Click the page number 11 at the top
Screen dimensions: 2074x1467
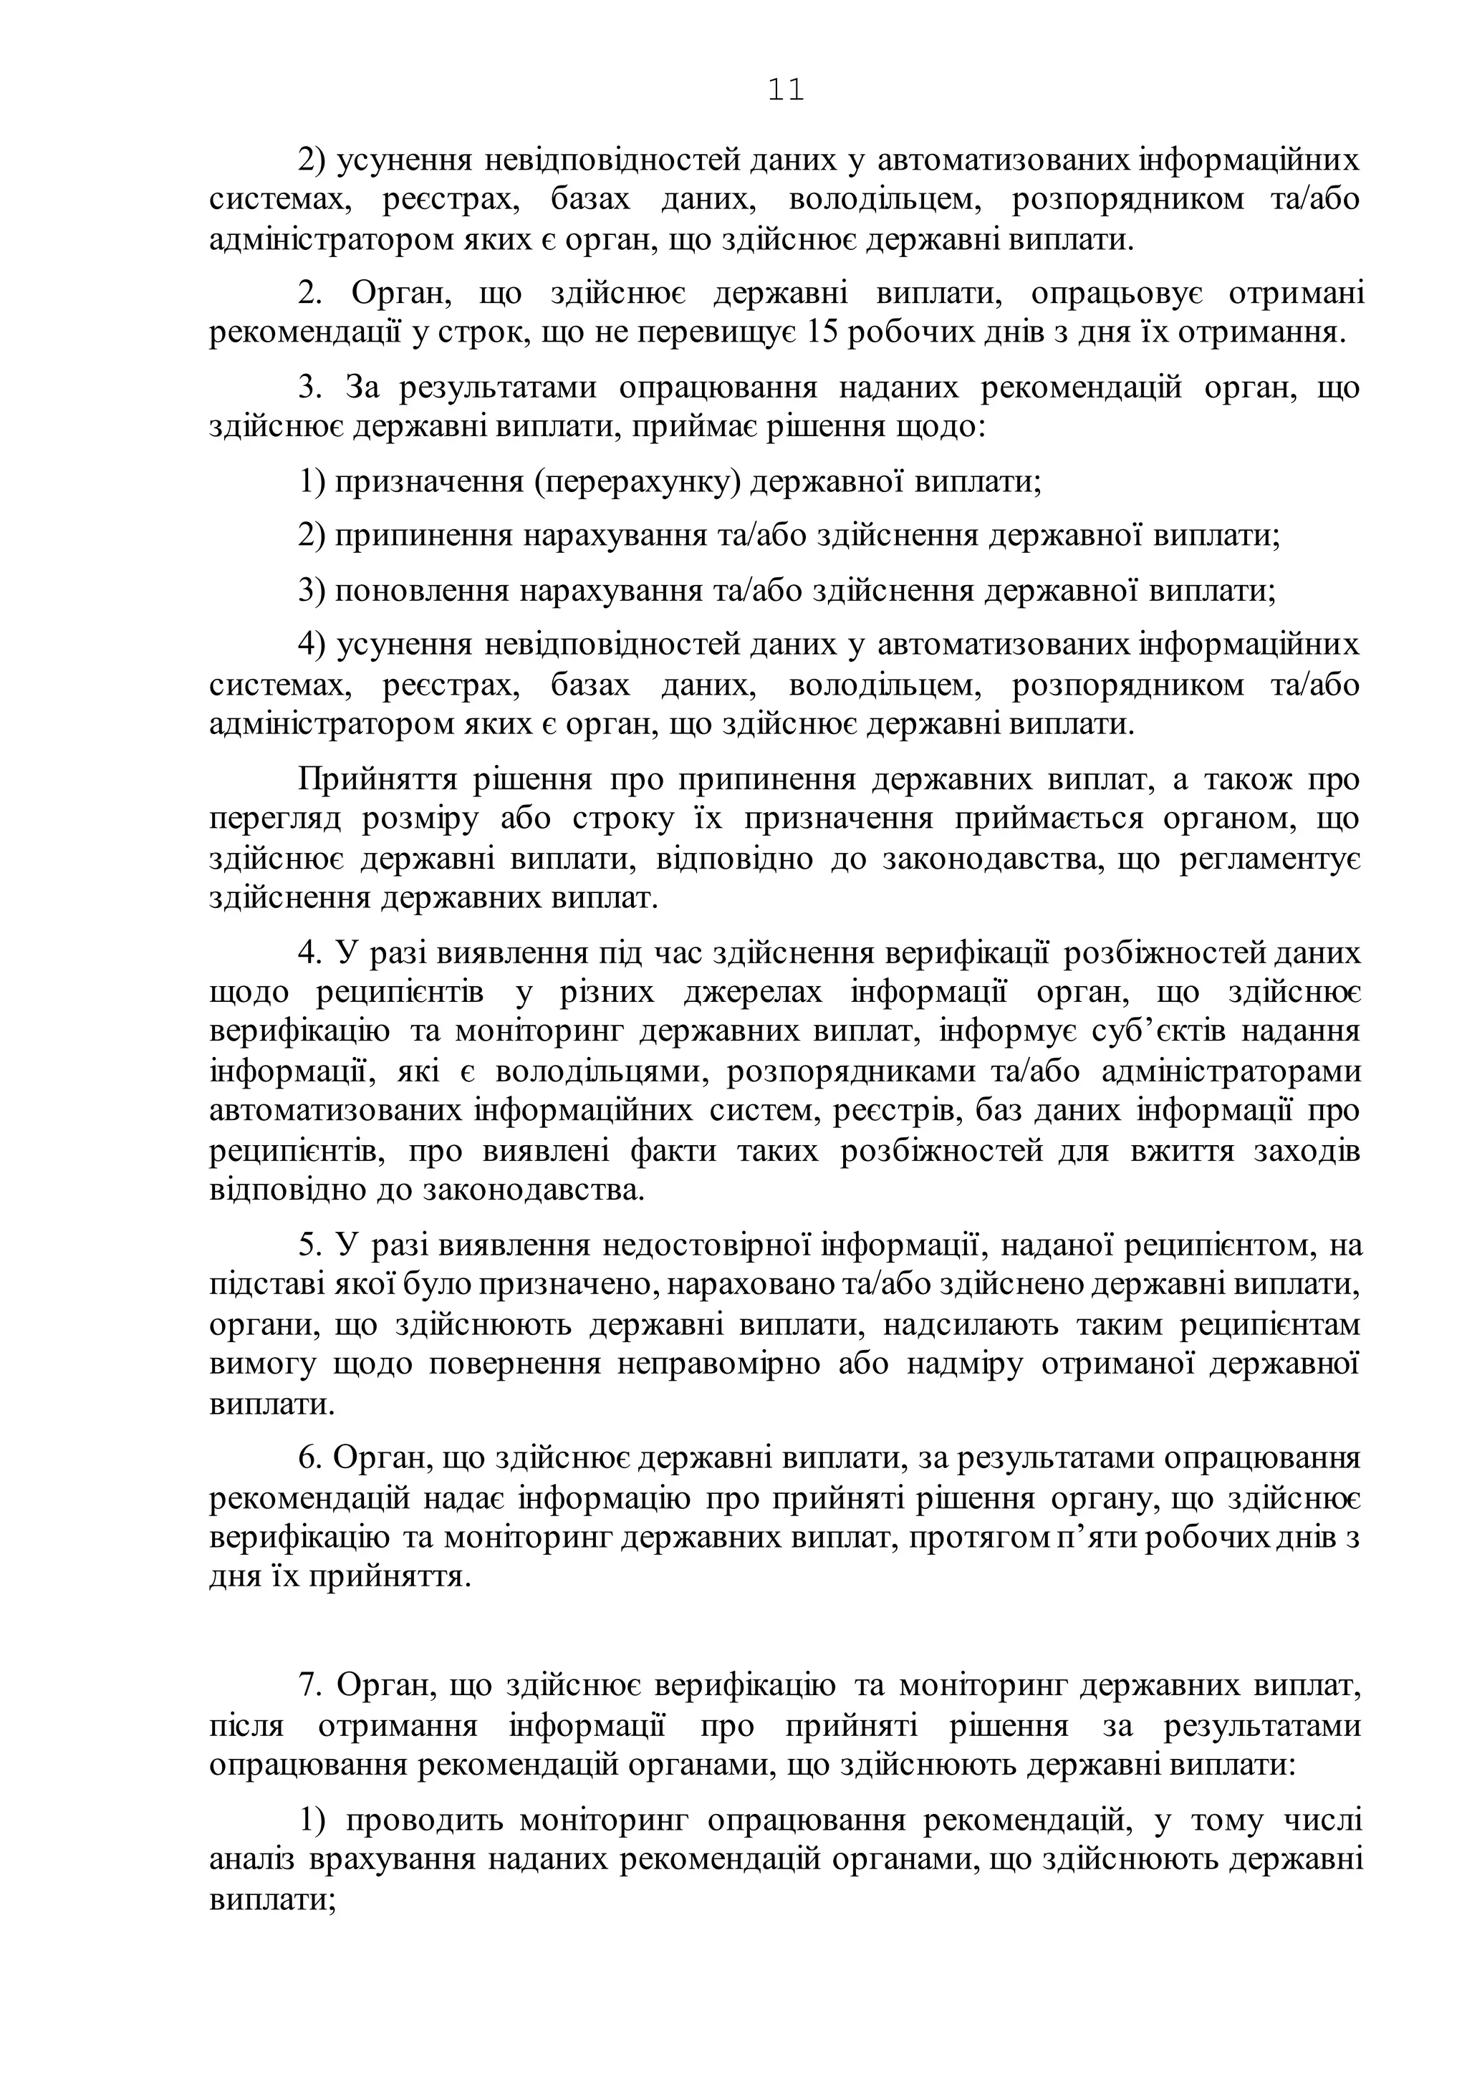tap(786, 90)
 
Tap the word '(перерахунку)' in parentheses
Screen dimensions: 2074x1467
tap(638, 481)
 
